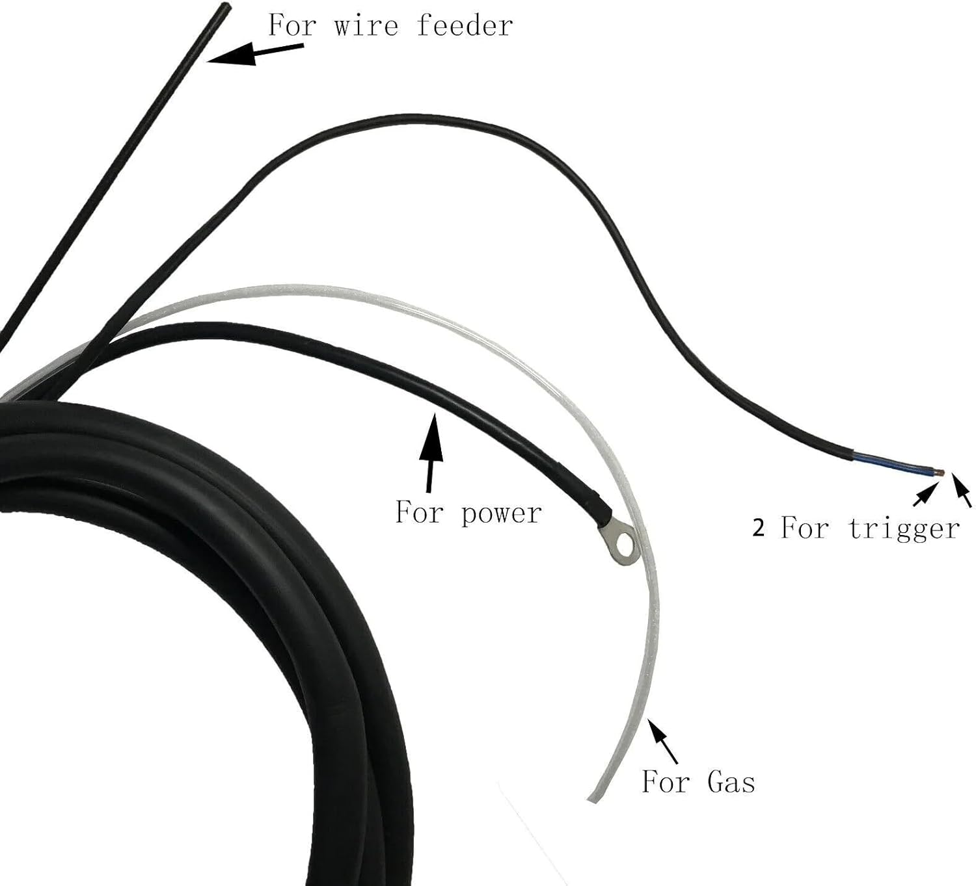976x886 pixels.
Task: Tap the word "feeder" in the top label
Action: click(465, 26)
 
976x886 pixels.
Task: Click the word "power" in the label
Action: click(501, 513)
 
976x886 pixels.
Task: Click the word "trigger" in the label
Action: click(904, 528)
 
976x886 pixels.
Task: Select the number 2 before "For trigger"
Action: click(759, 528)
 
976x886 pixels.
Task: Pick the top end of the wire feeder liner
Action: click(225, 8)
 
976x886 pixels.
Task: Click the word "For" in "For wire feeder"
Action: click(292, 26)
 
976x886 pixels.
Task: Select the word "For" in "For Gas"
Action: click(665, 781)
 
